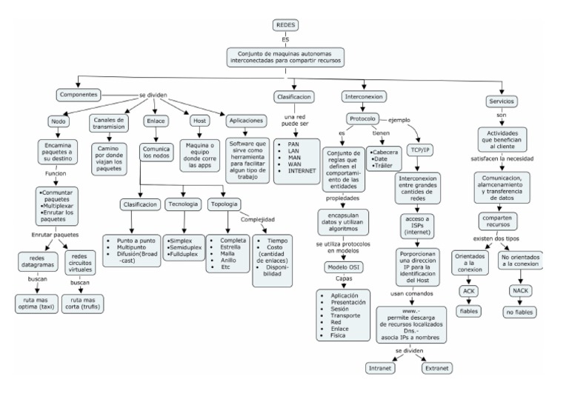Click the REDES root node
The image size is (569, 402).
(285, 25)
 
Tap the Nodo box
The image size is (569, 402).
(59, 121)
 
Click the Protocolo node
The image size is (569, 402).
(362, 119)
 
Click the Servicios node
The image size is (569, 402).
(501, 101)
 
